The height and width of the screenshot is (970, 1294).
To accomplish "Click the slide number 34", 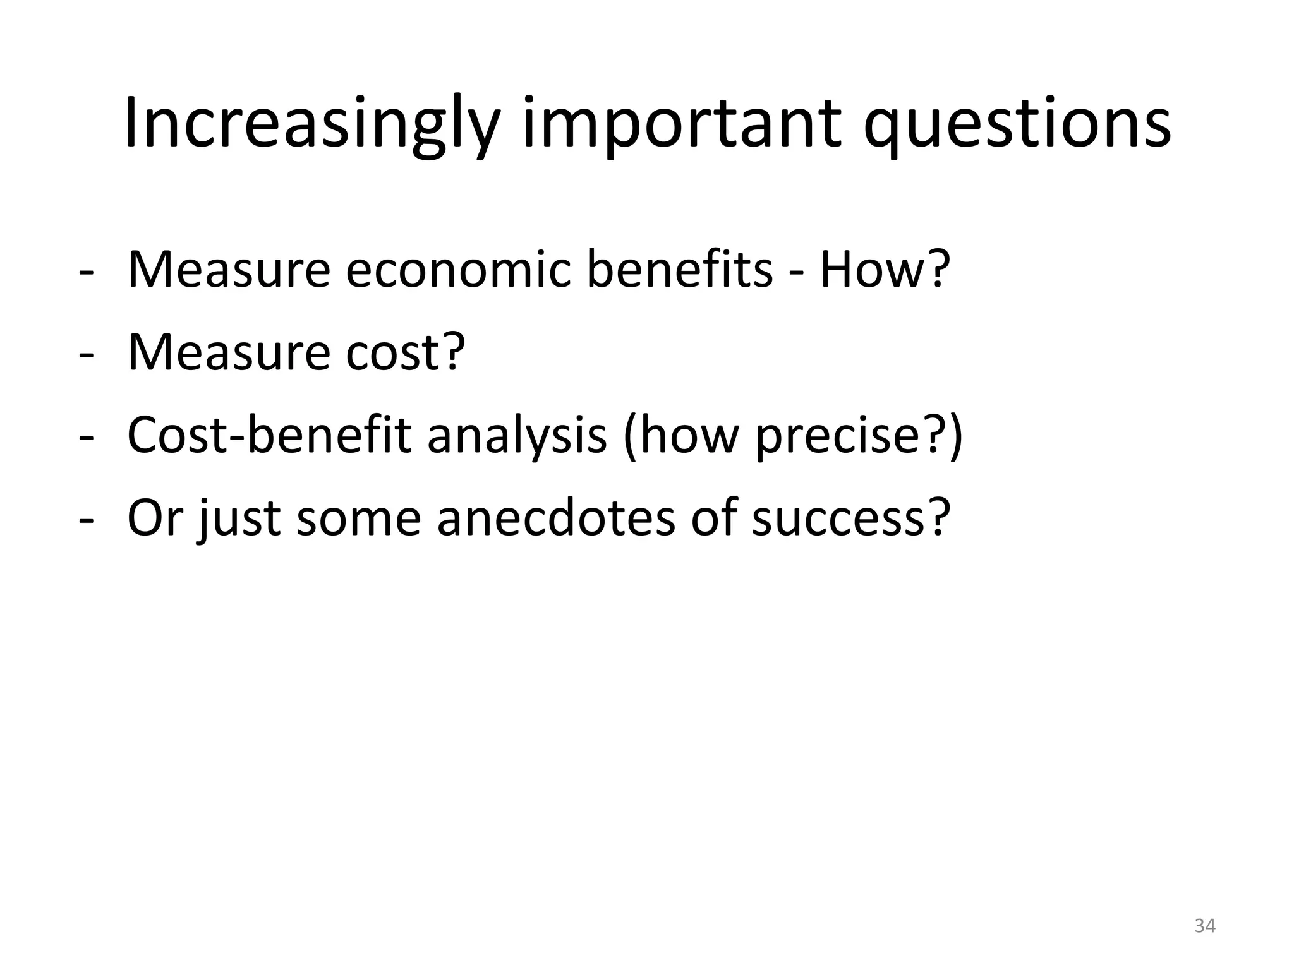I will (1205, 926).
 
